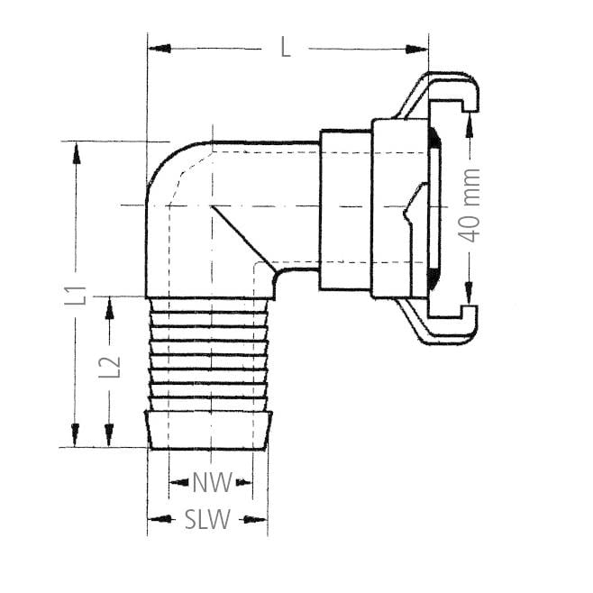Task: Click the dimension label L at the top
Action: [x=286, y=48]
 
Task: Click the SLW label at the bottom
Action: [x=208, y=520]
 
